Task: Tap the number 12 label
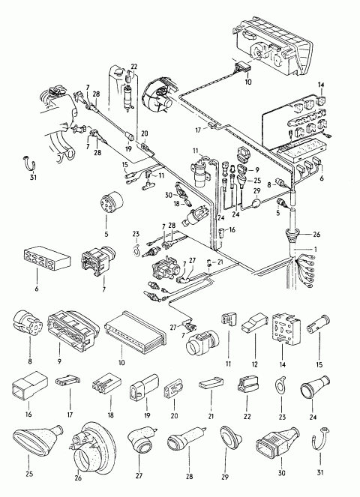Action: click(255, 364)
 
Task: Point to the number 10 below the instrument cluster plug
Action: click(248, 82)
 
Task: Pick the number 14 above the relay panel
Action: click(321, 85)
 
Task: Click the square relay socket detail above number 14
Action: click(286, 328)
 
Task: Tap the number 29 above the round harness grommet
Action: click(257, 191)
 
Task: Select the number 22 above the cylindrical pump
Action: click(133, 67)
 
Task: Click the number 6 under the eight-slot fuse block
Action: click(37, 289)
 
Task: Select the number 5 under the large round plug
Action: click(106, 235)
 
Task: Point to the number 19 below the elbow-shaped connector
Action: click(147, 415)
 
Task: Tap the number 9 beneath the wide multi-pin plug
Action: click(59, 361)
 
